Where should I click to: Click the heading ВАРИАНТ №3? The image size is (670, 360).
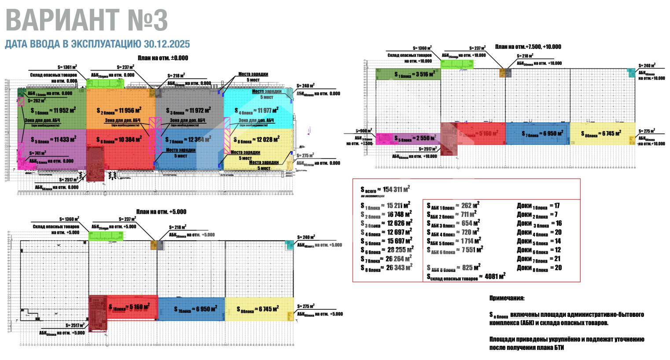tap(87, 20)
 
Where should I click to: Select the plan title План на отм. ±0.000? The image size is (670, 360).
tap(162, 58)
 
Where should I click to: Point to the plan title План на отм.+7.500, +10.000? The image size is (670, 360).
tap(528, 47)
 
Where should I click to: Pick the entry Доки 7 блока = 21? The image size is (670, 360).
tap(539, 259)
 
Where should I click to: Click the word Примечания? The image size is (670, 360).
tap(507, 298)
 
